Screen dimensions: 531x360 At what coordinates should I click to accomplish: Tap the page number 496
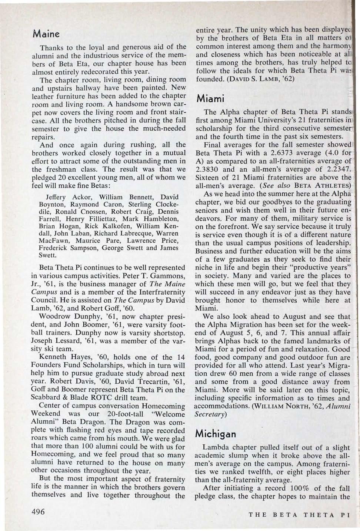tap(39, 512)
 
